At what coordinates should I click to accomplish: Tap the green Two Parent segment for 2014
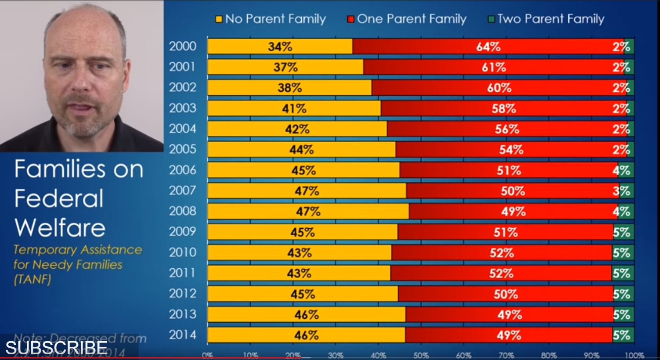point(623,335)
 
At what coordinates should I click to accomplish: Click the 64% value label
point(488,47)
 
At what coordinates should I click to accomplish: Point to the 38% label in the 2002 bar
point(290,88)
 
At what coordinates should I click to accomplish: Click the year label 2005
point(183,149)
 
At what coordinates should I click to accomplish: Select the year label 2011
point(183,273)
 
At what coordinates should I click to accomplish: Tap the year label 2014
point(183,335)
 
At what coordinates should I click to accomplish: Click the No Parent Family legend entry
point(270,19)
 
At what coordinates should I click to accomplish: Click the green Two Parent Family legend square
point(491,19)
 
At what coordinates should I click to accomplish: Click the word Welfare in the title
point(60,227)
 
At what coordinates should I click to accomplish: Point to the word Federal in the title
point(59,198)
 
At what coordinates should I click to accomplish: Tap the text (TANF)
point(32,279)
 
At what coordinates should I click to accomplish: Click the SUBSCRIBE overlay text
point(56,348)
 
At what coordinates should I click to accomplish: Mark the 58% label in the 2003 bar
point(504,108)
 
